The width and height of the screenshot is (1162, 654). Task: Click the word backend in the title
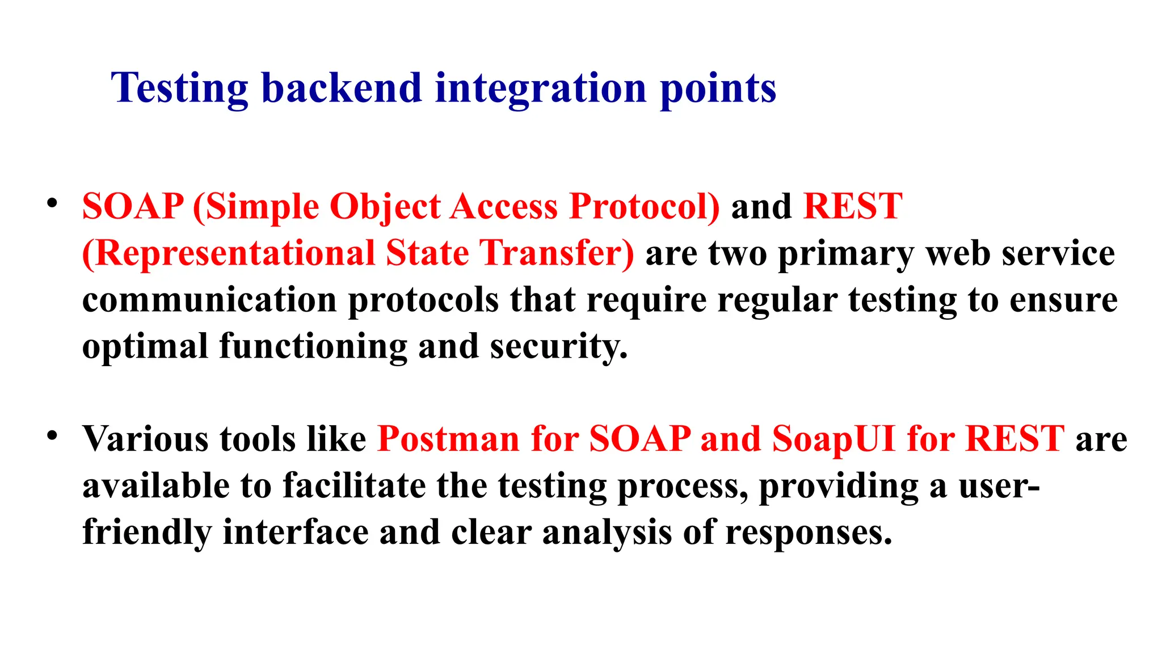pyautogui.click(x=341, y=89)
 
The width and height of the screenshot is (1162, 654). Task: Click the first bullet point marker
pyautogui.click(x=52, y=203)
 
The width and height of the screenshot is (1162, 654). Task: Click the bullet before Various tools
pyautogui.click(x=52, y=436)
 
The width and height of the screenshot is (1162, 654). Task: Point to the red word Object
pyautogui.click(x=385, y=207)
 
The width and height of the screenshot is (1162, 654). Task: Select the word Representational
pyautogui.click(x=229, y=253)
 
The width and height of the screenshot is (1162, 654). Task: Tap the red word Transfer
pyautogui.click(x=557, y=253)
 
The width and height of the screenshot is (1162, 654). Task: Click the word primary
pyautogui.click(x=846, y=254)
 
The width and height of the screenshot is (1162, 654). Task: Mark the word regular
pyautogui.click(x=777, y=301)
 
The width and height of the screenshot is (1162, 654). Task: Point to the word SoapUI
pyautogui.click(x=833, y=439)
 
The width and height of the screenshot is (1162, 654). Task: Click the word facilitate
pyautogui.click(x=354, y=486)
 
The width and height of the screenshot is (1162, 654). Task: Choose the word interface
pyautogui.click(x=296, y=533)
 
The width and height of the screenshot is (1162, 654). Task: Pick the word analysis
pyautogui.click(x=607, y=533)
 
